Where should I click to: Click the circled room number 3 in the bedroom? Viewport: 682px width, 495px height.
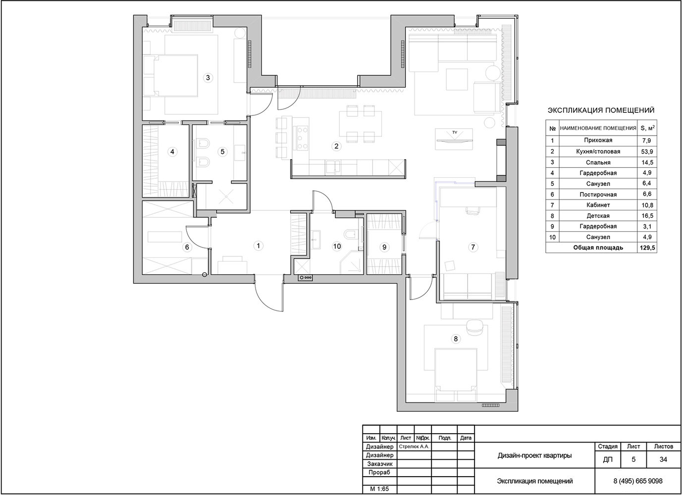click(x=208, y=78)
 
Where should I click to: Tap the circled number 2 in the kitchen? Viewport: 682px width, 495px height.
click(x=336, y=147)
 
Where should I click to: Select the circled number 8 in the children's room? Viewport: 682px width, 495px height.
click(x=456, y=339)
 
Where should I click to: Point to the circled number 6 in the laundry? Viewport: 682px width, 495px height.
click(x=187, y=247)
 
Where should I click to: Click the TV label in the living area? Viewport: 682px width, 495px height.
click(x=455, y=132)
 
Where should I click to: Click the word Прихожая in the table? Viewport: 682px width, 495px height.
click(x=598, y=140)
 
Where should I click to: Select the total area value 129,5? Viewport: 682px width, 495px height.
click(x=647, y=248)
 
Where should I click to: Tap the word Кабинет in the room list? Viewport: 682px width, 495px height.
click(x=598, y=205)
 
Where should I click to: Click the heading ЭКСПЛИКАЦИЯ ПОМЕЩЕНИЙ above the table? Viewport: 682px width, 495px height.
click(x=601, y=110)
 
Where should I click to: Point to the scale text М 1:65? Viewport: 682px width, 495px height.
click(x=379, y=489)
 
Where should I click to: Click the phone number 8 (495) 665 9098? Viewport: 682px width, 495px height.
click(x=638, y=481)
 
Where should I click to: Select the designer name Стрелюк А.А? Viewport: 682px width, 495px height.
click(x=414, y=446)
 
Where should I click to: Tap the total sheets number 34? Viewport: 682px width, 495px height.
click(x=663, y=459)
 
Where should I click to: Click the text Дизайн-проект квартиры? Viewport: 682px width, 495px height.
click(x=534, y=456)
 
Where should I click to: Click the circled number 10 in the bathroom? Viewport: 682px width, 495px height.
click(x=337, y=246)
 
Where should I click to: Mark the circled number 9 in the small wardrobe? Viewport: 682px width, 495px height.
click(x=384, y=247)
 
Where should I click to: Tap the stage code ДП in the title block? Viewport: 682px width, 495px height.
click(x=608, y=460)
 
